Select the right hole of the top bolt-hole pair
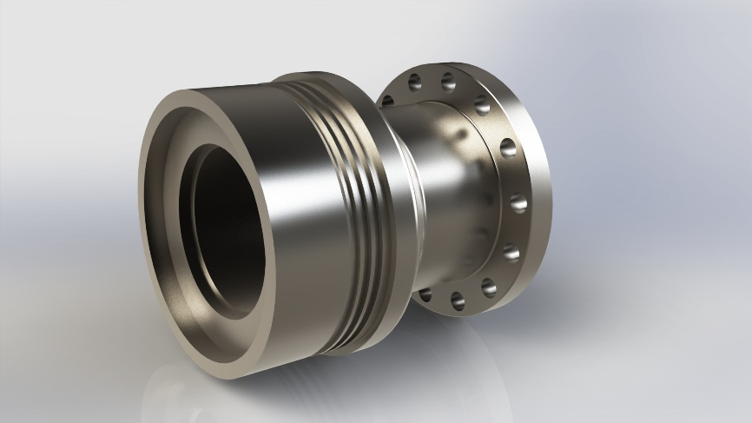(449, 83)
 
